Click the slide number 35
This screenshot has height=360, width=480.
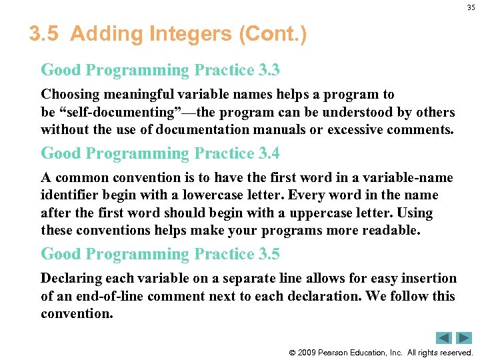pos(471,9)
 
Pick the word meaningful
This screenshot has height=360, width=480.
pos(127,95)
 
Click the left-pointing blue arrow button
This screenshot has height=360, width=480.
pos(444,338)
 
